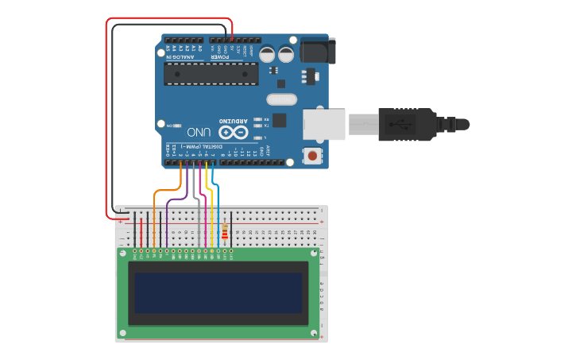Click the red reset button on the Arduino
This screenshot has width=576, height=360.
click(x=315, y=155)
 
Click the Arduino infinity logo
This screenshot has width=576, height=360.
click(x=233, y=132)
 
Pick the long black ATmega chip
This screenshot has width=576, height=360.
click(x=211, y=74)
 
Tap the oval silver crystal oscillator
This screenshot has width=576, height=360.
click(x=281, y=99)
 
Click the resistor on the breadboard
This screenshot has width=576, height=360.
click(x=225, y=231)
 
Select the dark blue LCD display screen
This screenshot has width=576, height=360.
click(x=218, y=292)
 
